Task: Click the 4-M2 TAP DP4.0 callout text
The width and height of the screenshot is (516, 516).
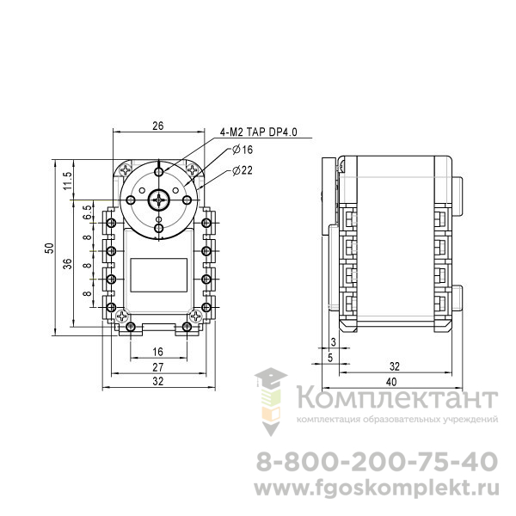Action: coord(258,132)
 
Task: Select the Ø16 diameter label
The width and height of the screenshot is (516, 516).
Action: coord(243,150)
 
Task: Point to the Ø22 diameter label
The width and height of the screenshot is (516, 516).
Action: coord(243,170)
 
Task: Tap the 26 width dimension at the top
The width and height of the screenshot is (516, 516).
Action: coord(158,126)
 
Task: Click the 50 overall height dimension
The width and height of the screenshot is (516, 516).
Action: coord(49,249)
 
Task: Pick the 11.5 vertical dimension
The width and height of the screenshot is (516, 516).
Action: coord(67,181)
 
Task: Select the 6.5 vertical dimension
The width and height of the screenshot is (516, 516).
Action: coord(87,212)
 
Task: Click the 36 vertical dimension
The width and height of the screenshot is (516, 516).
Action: coord(67,264)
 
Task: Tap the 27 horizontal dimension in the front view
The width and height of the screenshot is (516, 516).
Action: coord(158,367)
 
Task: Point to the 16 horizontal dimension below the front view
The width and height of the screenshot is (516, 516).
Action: coord(158,352)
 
